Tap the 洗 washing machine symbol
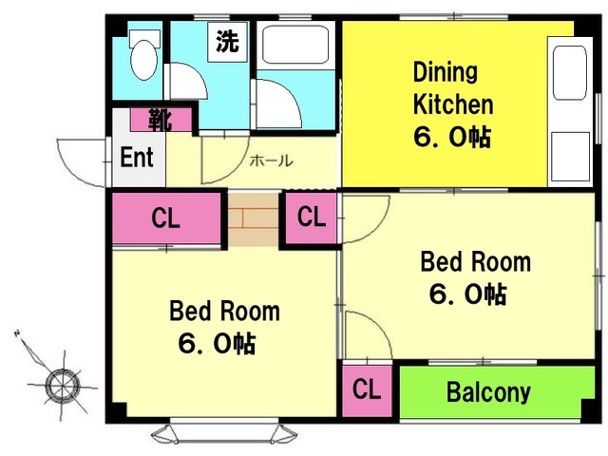(x=227, y=42)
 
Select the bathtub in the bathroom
(x=295, y=45)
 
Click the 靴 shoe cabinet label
(x=161, y=120)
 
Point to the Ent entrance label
(x=137, y=157)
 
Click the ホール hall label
(x=271, y=161)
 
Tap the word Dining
(x=446, y=73)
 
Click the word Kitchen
(x=453, y=104)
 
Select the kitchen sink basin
(x=570, y=73)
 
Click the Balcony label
(x=488, y=391)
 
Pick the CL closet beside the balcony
(x=367, y=389)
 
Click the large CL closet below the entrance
(x=166, y=218)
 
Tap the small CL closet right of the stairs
(x=312, y=217)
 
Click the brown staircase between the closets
(x=254, y=219)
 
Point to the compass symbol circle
(x=63, y=386)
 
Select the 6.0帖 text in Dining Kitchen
(x=452, y=137)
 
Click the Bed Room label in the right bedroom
(x=476, y=262)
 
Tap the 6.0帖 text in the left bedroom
(x=217, y=343)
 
